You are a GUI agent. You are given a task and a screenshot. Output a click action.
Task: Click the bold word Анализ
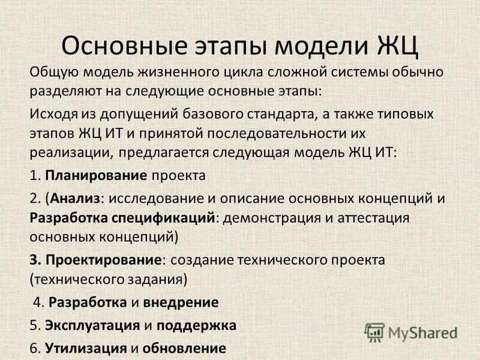pos(76,198)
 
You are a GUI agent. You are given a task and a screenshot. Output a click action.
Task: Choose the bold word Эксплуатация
pos(93,326)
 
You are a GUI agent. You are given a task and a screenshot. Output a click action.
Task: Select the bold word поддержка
pos(197,326)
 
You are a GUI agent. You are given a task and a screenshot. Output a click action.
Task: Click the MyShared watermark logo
pos(411,332)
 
